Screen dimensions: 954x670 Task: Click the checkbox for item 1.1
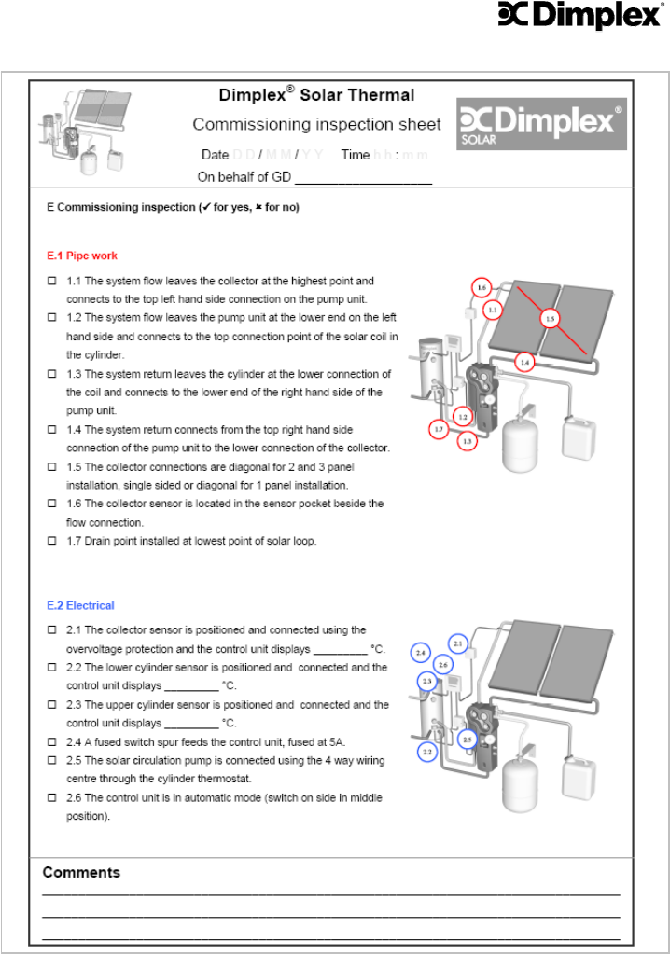pos(51,281)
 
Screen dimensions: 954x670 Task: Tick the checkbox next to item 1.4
pos(51,430)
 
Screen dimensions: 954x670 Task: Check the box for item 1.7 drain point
pos(51,542)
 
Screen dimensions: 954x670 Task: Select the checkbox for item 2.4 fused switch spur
pos(51,742)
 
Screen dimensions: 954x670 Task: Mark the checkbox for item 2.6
pos(51,798)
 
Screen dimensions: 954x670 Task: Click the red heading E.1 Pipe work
pos(82,256)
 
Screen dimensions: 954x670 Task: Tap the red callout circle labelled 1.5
pos(551,319)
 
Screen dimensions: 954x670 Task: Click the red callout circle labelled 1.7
pos(440,429)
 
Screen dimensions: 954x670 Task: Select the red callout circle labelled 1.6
pos(482,288)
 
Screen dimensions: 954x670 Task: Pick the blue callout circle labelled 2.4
pos(422,653)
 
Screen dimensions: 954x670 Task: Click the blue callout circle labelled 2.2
pos(427,751)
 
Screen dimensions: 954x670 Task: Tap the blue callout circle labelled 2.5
pos(468,739)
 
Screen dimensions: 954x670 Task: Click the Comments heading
pos(81,873)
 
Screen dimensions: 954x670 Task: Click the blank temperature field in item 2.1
pos(340,649)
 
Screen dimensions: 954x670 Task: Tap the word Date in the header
pos(215,155)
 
